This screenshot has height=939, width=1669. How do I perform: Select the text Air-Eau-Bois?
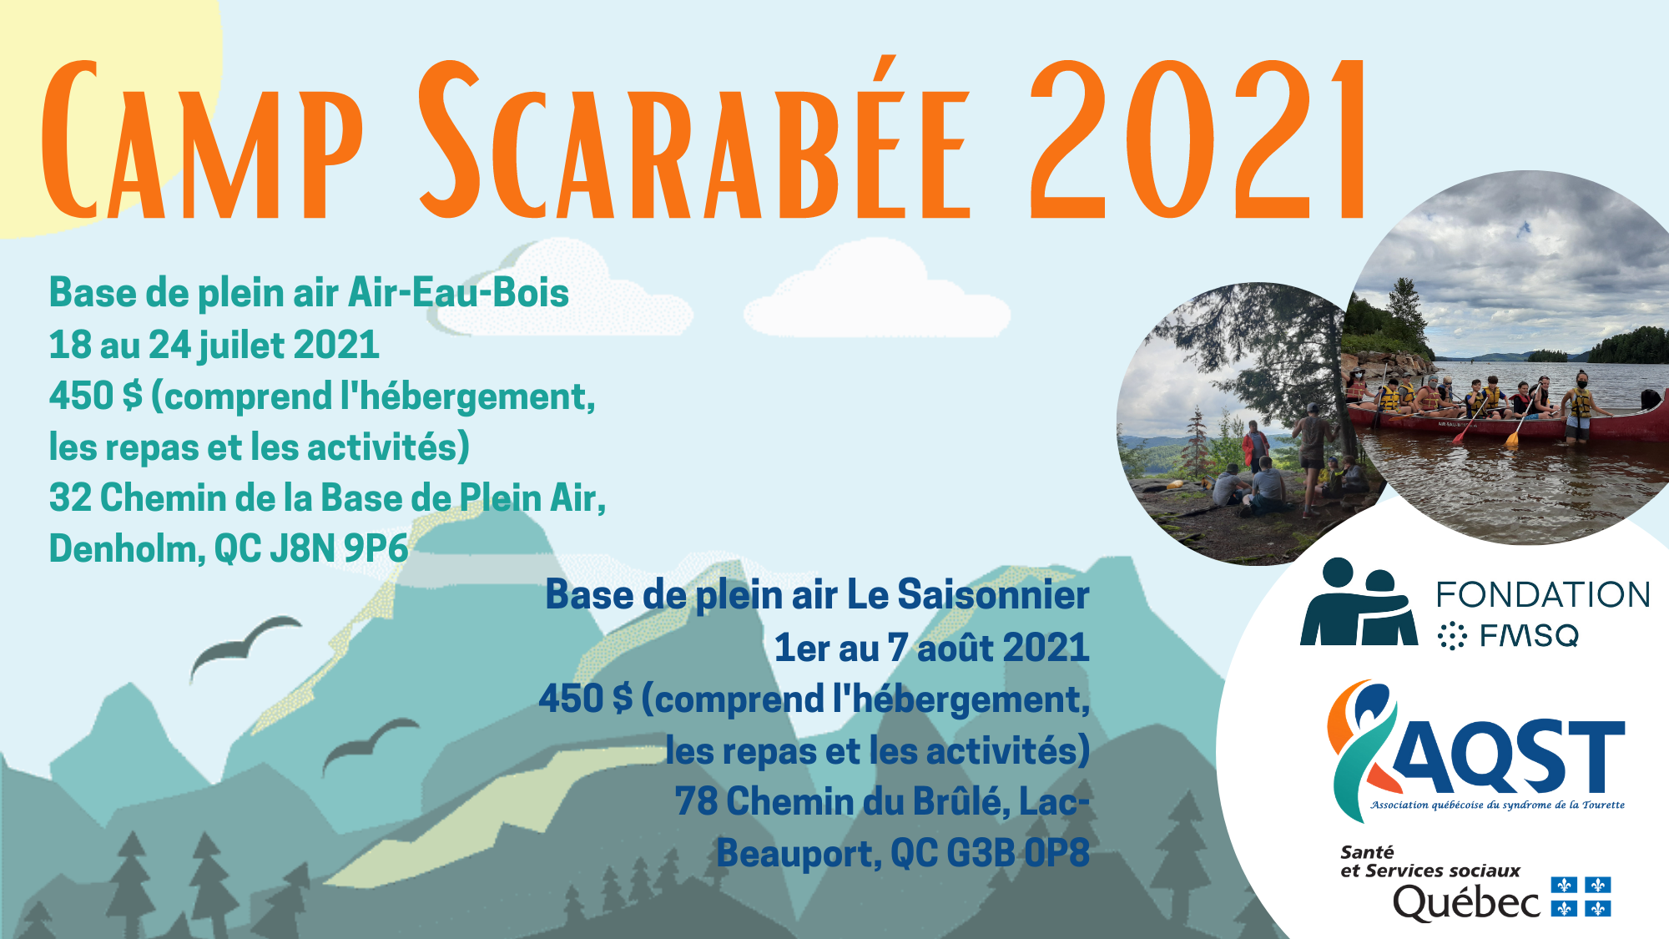point(458,293)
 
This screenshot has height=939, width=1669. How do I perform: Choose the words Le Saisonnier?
point(968,595)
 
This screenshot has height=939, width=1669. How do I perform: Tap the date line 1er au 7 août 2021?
point(931,648)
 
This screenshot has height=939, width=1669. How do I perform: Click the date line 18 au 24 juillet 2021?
point(214,345)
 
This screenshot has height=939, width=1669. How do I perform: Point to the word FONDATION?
point(1543,595)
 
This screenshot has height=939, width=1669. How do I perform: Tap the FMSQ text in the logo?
point(1529,637)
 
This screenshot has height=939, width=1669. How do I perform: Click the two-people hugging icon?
point(1359,602)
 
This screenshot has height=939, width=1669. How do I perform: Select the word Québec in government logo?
point(1466,902)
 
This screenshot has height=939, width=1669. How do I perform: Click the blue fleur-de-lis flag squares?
point(1581,896)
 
